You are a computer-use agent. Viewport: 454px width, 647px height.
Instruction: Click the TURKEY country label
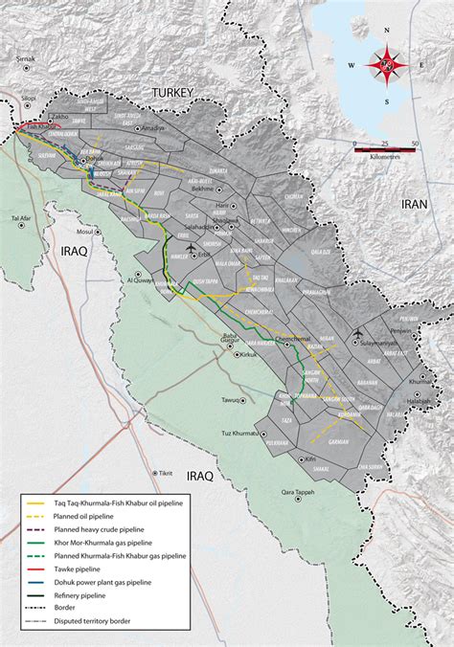(168, 93)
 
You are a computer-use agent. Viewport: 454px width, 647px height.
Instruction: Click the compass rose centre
(388, 66)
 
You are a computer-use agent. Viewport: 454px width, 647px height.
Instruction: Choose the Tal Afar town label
(22, 219)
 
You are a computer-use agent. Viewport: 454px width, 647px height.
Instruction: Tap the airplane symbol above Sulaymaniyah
(357, 333)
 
